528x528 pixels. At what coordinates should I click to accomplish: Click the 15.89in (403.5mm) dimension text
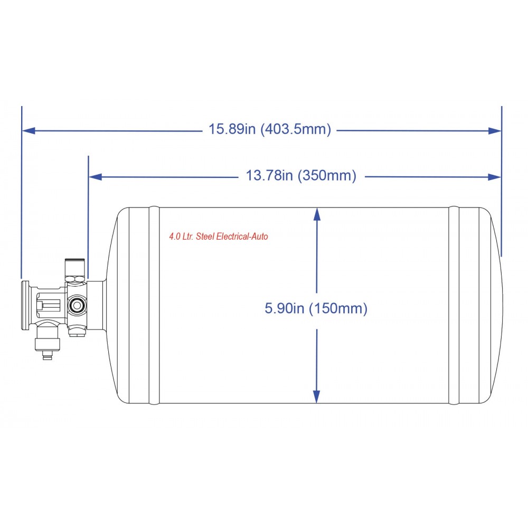[x=270, y=129]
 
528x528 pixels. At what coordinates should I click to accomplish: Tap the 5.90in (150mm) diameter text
[x=316, y=308]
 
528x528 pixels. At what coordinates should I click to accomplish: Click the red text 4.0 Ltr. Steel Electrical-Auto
[x=218, y=237]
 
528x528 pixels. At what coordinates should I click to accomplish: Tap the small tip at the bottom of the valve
[x=47, y=357]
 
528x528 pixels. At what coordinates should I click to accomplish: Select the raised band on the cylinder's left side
[x=154, y=305]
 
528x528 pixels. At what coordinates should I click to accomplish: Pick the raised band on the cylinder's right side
[x=454, y=305]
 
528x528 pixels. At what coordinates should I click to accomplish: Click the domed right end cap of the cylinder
[x=491, y=305]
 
